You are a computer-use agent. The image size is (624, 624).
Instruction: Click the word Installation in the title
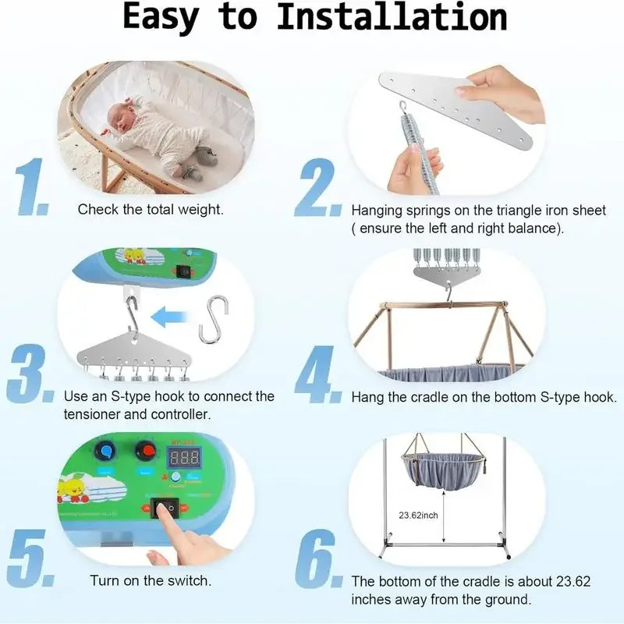392,19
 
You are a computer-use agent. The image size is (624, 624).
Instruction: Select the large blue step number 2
317,190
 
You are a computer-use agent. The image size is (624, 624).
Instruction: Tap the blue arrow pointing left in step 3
172,317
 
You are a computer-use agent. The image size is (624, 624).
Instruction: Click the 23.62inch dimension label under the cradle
418,516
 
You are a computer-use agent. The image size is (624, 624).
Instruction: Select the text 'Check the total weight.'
151,209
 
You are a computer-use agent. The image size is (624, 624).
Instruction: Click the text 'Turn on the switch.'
151,580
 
